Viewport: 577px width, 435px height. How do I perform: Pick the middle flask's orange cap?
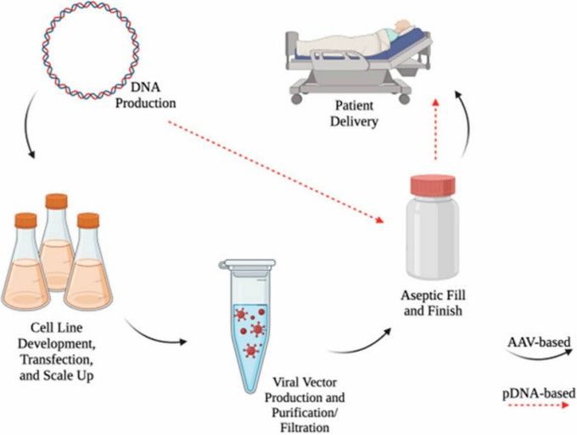point(57,202)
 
